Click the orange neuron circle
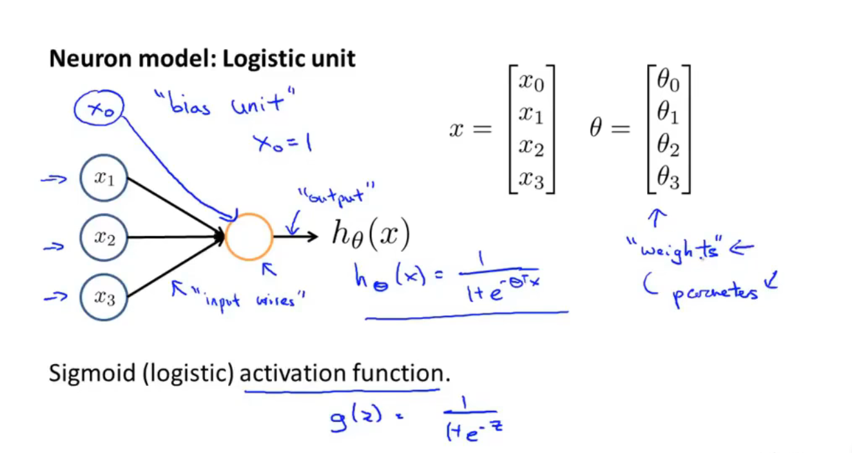tap(249, 236)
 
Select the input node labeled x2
tap(104, 238)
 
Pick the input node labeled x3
tap(104, 297)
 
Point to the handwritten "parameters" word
tap(715, 293)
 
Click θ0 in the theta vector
tap(668, 81)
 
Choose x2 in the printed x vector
tap(532, 148)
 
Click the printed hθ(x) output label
tap(371, 235)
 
